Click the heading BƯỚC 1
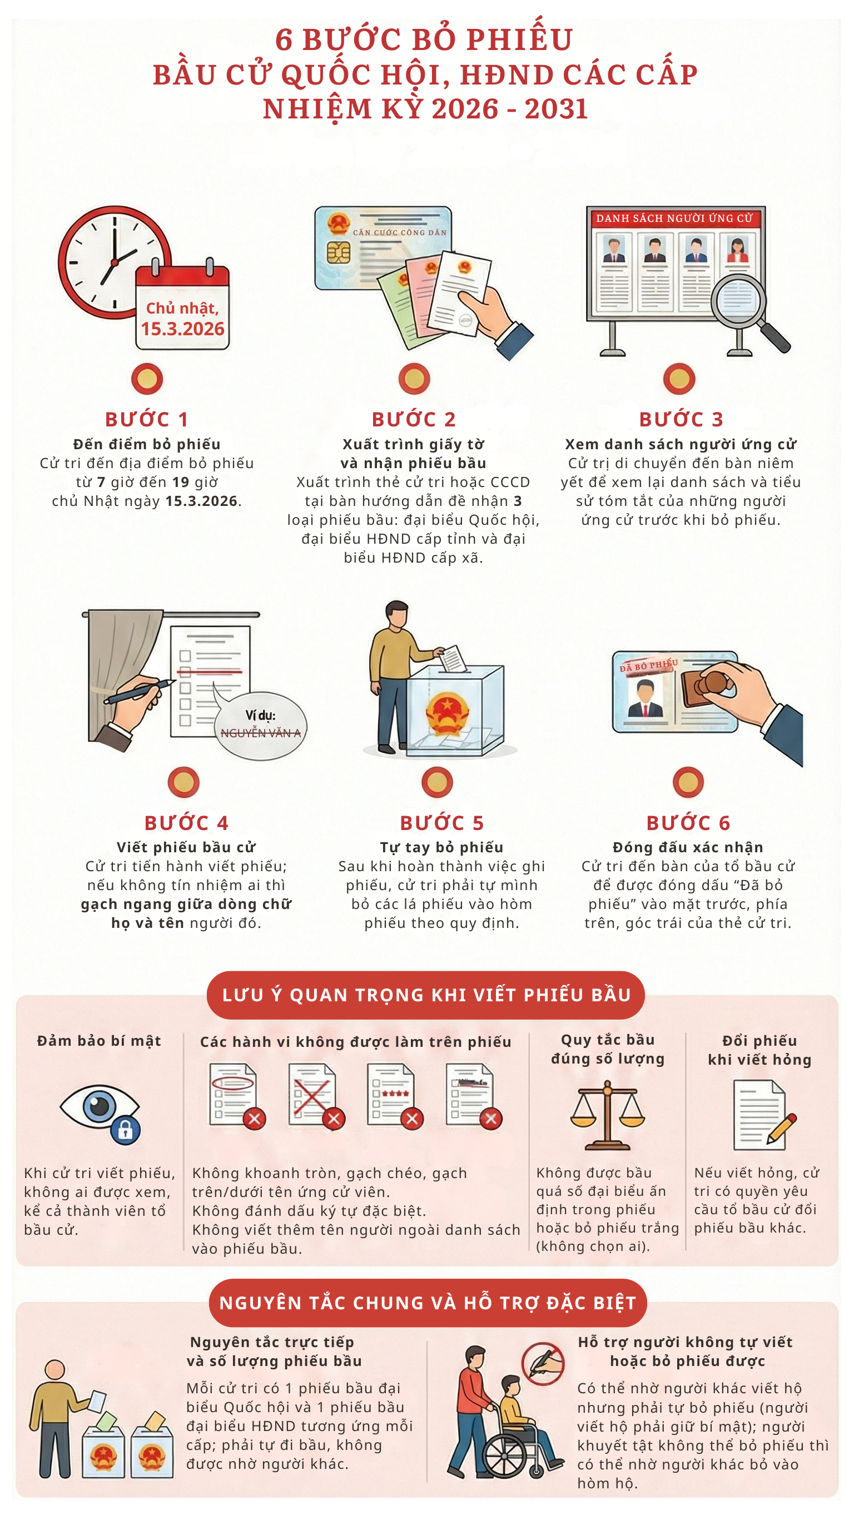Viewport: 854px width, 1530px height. point(147,419)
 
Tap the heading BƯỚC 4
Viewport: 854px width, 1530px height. point(186,823)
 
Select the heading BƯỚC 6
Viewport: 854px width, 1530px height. point(688,823)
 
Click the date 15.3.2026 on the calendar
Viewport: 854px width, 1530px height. point(182,329)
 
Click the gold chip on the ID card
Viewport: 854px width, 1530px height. point(338,252)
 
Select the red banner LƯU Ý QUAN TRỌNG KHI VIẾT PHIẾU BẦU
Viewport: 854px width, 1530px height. point(426,995)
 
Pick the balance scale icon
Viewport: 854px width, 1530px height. point(607,1115)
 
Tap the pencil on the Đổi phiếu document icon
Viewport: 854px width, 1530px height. point(782,1129)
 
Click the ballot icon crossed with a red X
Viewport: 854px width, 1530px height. point(312,1094)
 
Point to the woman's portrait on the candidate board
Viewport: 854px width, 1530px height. point(737,250)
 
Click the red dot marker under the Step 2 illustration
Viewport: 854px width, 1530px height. point(414,379)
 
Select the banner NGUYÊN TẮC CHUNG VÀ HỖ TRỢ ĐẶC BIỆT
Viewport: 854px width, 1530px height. point(428,1303)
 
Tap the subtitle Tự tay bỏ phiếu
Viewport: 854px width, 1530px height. point(441,847)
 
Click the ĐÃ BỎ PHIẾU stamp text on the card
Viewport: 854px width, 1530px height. point(648,665)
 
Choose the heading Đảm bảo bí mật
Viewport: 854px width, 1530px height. point(99,1041)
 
